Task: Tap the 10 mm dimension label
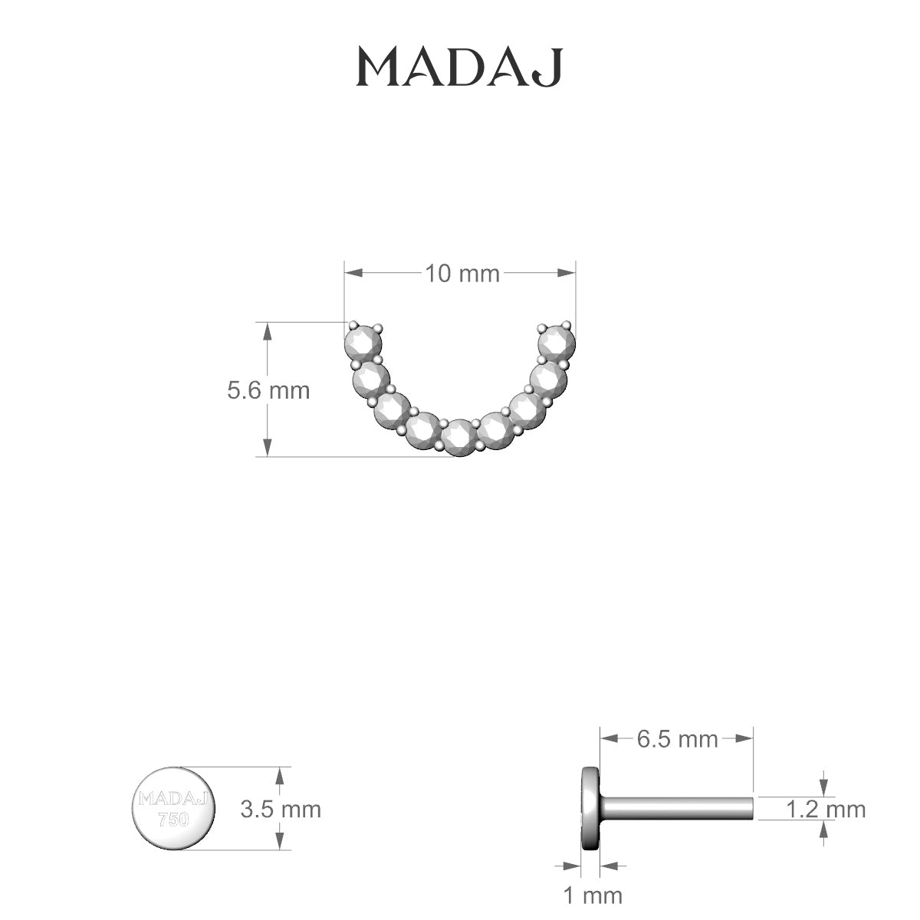[x=462, y=273]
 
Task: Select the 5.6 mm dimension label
[x=268, y=390]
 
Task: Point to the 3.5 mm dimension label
[x=281, y=808]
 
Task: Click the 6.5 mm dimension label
[x=677, y=739]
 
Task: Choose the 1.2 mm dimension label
[x=826, y=808]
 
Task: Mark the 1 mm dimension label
[x=592, y=894]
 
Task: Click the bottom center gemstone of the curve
[x=458, y=437]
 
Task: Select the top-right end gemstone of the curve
[x=557, y=340]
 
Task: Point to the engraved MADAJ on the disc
[x=174, y=799]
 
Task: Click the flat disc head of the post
[x=590, y=808]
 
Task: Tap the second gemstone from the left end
[x=371, y=377]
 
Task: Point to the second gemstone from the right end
[x=548, y=377]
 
